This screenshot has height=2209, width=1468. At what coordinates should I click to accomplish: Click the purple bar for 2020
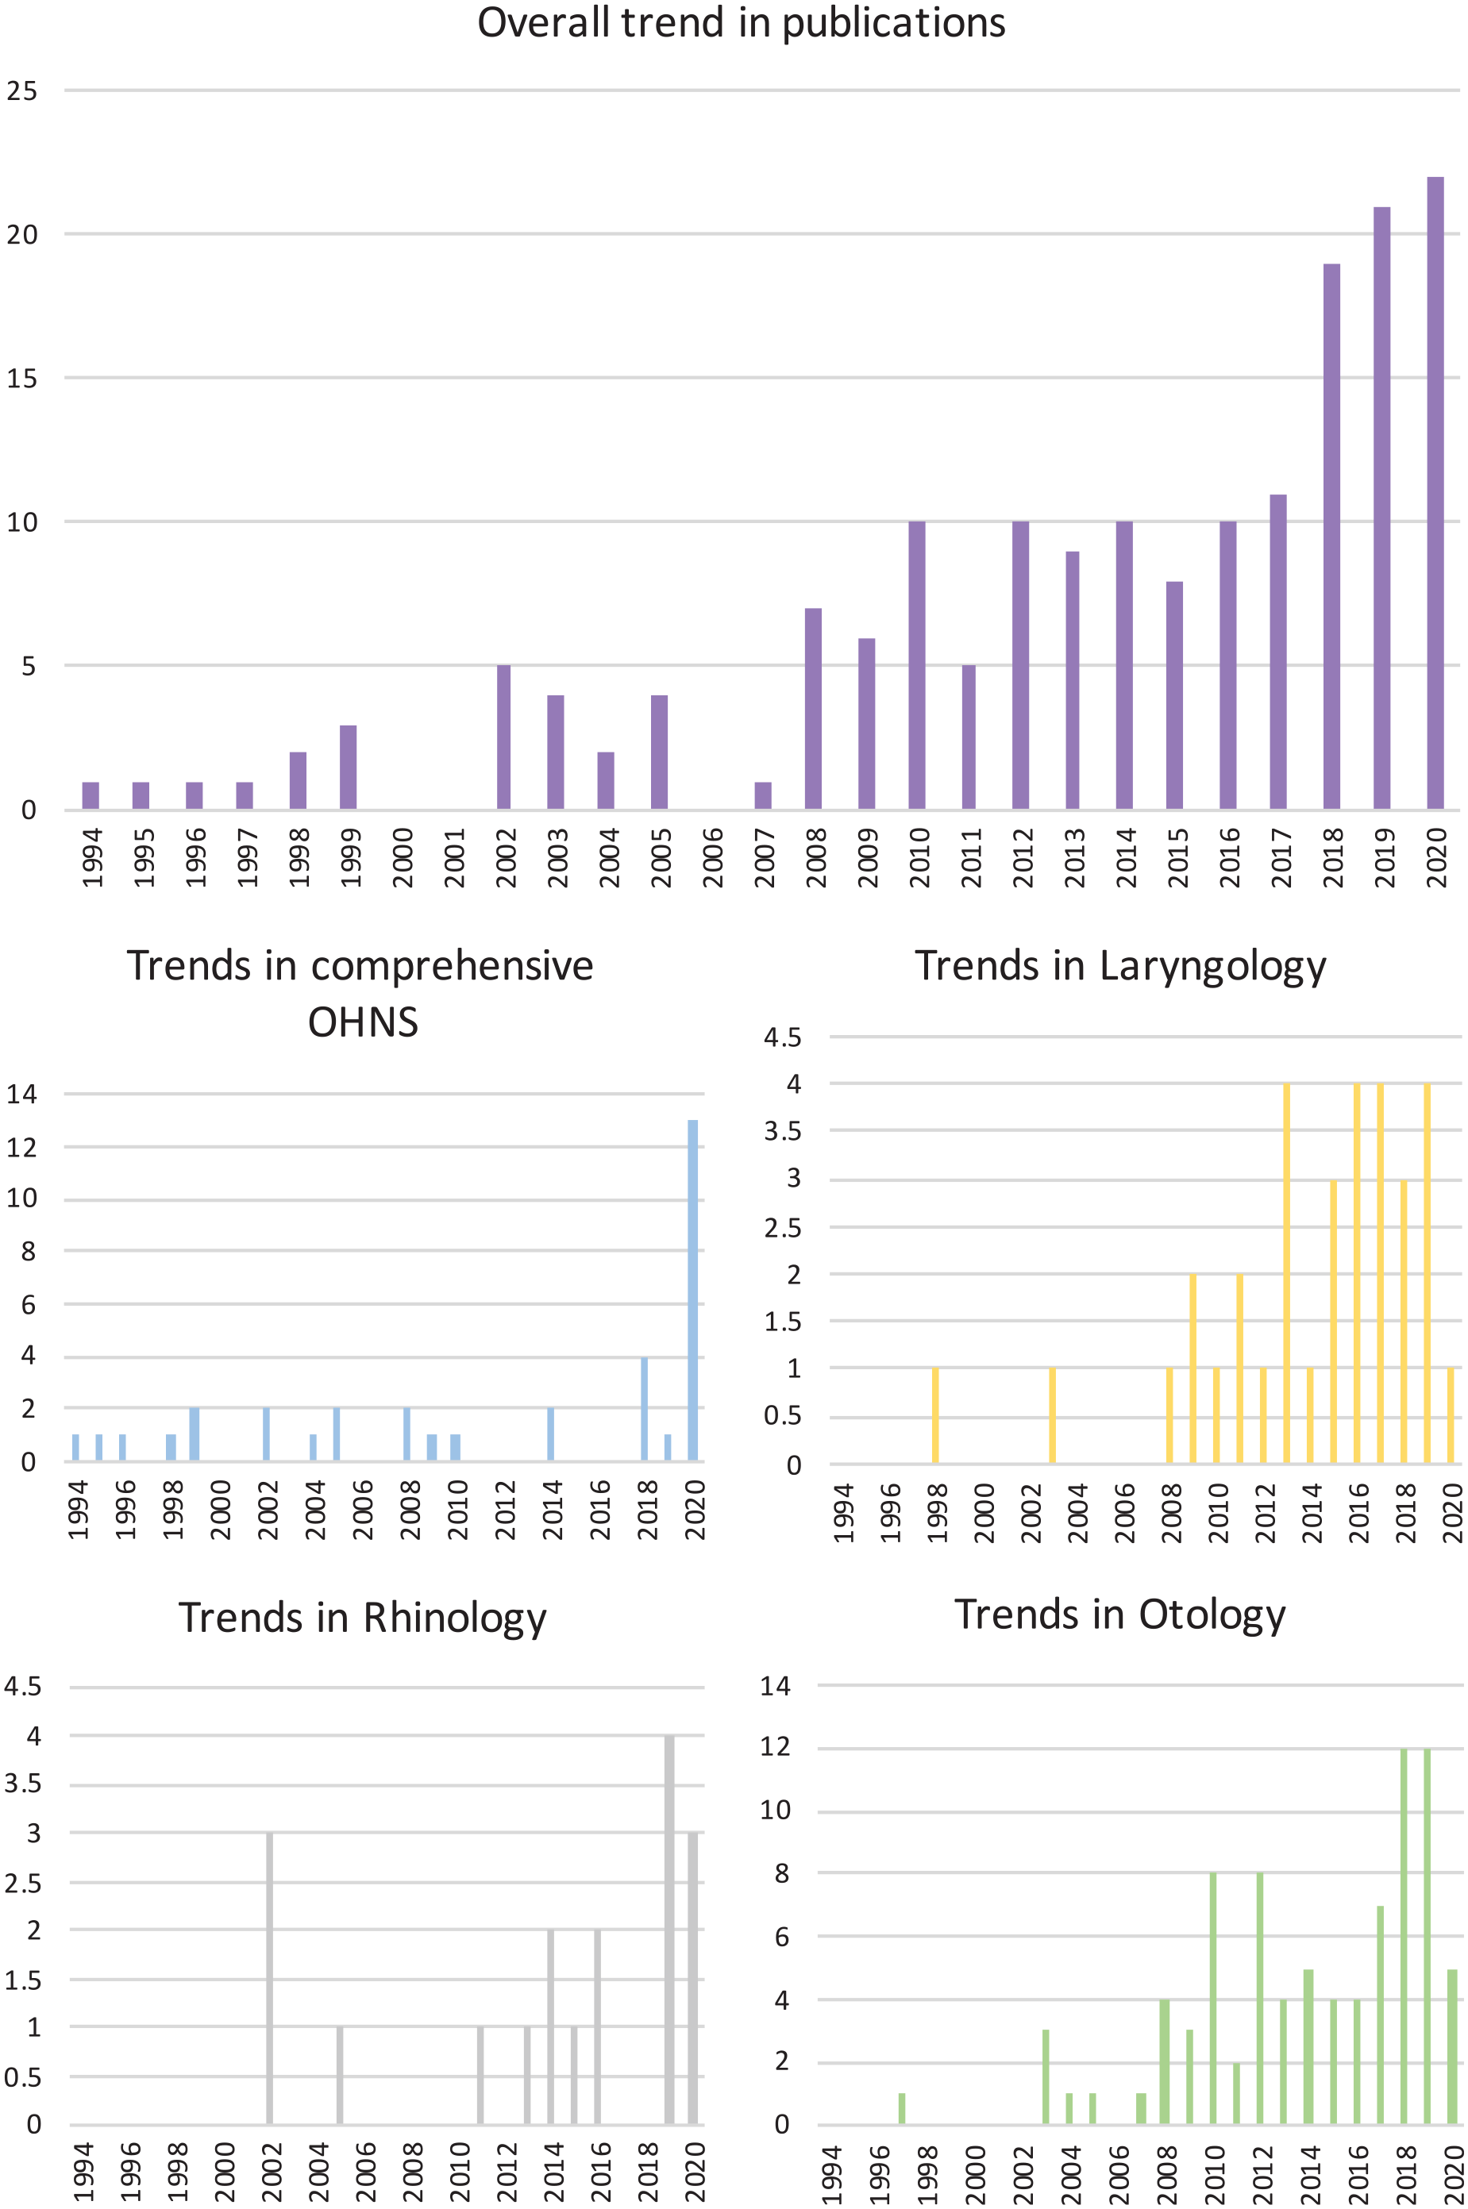(x=1435, y=492)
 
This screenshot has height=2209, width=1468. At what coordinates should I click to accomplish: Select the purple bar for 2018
(x=1331, y=537)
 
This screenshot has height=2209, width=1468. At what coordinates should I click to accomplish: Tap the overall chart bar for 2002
(x=503, y=737)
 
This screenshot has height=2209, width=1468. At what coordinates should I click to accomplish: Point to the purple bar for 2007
(x=763, y=795)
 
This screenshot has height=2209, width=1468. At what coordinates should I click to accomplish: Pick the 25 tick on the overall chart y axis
(x=21, y=90)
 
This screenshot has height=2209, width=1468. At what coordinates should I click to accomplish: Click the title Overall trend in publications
(x=742, y=22)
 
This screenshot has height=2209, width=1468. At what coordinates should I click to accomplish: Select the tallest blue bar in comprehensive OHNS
(x=693, y=1290)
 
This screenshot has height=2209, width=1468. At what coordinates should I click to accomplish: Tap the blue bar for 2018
(x=644, y=1409)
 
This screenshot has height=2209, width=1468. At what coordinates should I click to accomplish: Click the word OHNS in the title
(x=364, y=1022)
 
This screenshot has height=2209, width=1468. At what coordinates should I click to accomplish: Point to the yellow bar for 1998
(x=935, y=1415)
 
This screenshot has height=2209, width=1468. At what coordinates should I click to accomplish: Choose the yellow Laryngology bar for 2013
(x=1287, y=1273)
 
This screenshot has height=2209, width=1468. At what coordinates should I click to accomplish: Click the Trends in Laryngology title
(x=1121, y=966)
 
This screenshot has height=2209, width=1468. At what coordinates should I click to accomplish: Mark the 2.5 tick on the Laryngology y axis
(x=783, y=1227)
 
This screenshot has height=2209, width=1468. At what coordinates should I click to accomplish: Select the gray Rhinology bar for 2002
(x=270, y=1978)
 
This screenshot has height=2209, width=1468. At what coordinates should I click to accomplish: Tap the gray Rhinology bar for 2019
(x=669, y=1929)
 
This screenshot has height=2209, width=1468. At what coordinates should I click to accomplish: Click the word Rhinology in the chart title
(x=455, y=1619)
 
